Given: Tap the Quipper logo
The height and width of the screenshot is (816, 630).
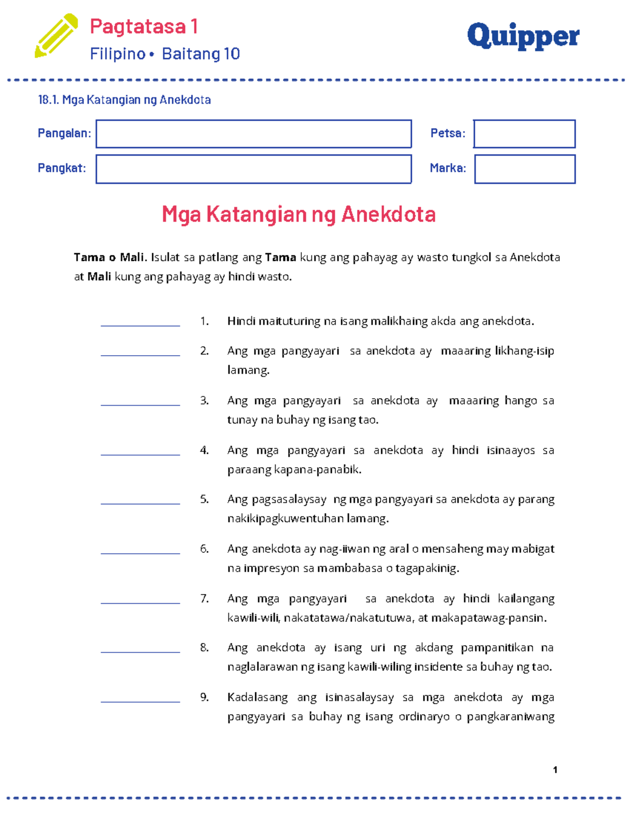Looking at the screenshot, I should coord(523,36).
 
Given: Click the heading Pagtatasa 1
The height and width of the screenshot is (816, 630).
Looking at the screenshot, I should coord(143,26).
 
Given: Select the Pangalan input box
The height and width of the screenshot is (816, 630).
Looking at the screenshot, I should coord(254,134).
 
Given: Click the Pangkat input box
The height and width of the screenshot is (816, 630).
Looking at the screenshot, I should coord(254,169).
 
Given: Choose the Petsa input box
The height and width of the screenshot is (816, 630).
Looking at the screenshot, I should coord(524,134).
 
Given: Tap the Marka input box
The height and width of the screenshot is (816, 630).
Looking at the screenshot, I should coord(524,169).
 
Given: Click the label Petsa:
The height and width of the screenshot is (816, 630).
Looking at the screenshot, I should coord(448,133).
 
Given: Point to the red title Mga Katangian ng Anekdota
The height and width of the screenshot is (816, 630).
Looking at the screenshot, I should coord(299,214).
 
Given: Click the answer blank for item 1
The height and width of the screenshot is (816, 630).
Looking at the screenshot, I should coord(140,321).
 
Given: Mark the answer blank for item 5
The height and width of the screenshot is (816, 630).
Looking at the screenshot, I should coord(140,499).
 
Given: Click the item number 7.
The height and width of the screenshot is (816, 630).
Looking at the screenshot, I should coord(204,598).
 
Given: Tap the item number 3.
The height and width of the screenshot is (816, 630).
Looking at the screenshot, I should coord(204,400).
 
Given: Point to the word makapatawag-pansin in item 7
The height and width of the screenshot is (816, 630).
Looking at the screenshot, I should coord(489,618).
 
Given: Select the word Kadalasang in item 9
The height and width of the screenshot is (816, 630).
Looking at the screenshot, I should coord(257,697).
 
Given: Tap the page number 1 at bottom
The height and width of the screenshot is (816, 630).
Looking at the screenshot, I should coord(555,770).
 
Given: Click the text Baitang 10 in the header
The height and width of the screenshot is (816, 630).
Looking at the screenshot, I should coord(201,54).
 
